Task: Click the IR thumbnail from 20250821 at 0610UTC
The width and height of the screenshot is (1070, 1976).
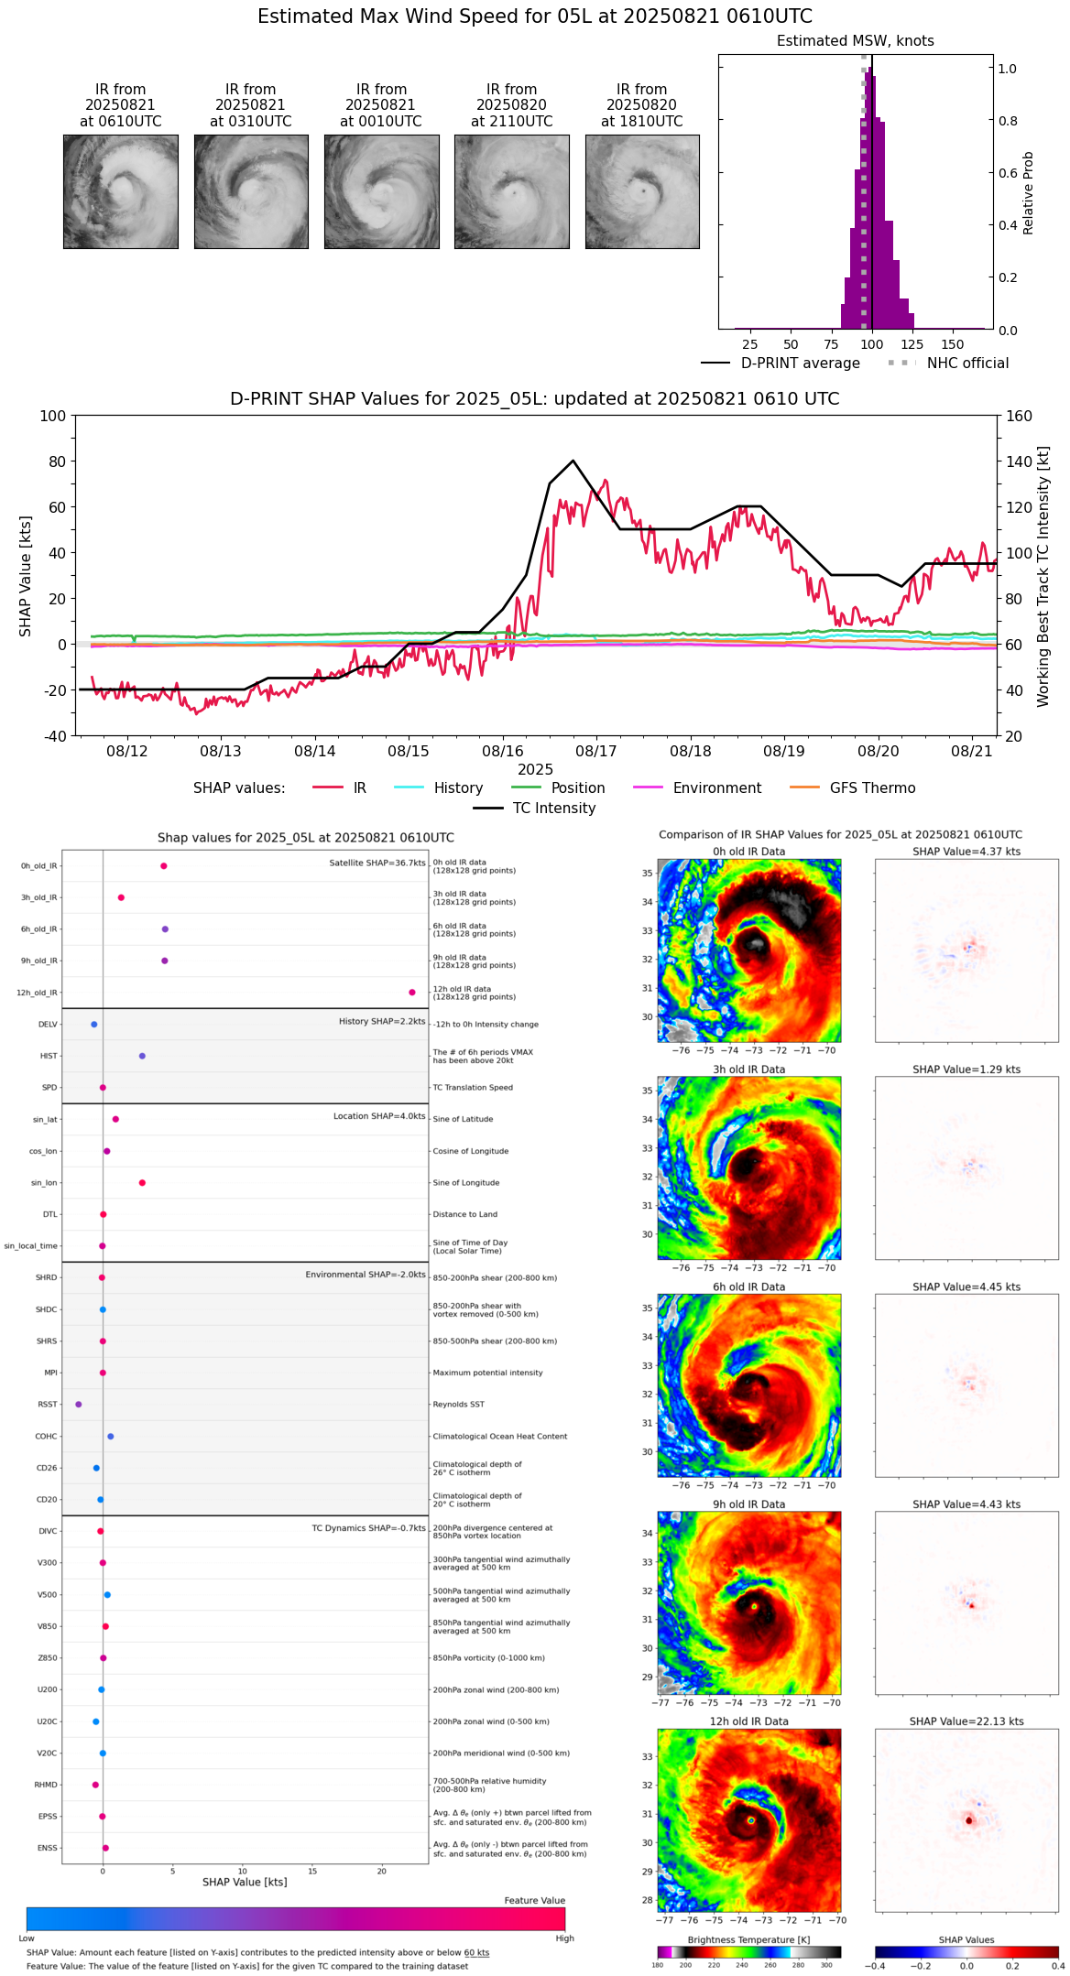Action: [120, 191]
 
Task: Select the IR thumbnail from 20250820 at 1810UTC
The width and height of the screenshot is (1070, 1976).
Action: [642, 191]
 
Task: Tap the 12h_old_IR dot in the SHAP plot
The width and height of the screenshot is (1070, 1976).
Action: [412, 993]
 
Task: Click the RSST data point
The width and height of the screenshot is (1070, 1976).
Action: [79, 1405]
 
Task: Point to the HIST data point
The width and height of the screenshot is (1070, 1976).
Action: [142, 1056]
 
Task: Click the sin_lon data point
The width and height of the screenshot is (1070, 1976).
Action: [142, 1183]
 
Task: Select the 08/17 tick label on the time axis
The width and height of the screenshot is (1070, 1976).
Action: [596, 751]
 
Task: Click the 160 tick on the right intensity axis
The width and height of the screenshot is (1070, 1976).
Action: [1019, 416]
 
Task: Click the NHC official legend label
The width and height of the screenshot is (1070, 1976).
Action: [967, 364]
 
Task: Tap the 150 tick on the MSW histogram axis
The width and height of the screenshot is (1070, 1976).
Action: [953, 345]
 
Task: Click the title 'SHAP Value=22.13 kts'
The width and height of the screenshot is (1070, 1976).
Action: [966, 1721]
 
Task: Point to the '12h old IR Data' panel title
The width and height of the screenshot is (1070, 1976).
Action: [748, 1721]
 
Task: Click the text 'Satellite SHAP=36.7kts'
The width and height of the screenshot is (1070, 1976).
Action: [377, 863]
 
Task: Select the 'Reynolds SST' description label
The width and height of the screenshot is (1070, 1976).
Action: [459, 1405]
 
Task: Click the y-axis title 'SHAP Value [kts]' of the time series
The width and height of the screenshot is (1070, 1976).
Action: [26, 576]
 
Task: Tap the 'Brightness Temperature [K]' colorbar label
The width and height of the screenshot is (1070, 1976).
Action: [748, 1940]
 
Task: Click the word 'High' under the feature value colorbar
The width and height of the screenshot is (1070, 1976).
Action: [564, 1938]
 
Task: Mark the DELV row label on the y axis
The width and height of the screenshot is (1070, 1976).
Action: [48, 1025]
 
